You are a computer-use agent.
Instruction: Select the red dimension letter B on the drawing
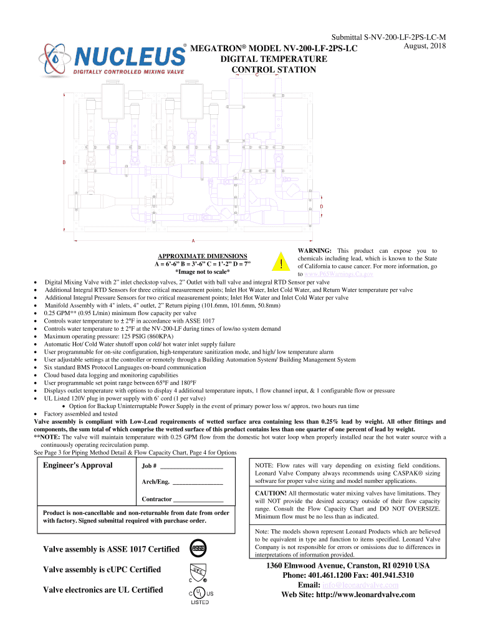click(63, 163)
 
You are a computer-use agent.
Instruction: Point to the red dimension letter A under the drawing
click(194, 240)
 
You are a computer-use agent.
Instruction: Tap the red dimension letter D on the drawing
click(321, 207)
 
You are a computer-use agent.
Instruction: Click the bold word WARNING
click(314, 250)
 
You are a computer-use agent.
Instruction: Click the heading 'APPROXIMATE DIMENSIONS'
click(203, 256)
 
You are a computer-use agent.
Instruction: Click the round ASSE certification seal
click(198, 549)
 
